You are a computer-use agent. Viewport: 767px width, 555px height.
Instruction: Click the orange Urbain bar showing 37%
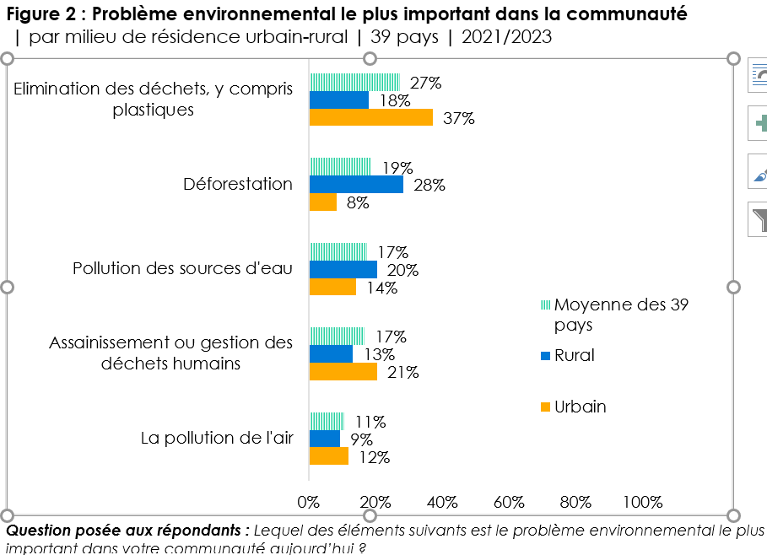(370, 118)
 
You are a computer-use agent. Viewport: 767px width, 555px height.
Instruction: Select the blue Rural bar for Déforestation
(356, 185)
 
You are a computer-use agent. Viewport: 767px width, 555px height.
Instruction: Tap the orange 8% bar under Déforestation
(323, 202)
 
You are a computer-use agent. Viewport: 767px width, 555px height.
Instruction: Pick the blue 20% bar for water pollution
(343, 270)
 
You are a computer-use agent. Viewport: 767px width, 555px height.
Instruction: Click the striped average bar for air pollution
(327, 421)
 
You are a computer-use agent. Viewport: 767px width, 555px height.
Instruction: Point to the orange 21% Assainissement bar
(343, 372)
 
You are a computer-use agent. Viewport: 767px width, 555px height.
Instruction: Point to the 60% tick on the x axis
(509, 503)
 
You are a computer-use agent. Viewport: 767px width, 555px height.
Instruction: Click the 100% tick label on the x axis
(642, 503)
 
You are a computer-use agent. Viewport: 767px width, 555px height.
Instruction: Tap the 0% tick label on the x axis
(309, 503)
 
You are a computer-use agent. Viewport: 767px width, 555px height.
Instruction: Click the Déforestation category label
(238, 185)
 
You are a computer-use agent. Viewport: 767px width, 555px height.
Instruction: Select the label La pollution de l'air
(217, 438)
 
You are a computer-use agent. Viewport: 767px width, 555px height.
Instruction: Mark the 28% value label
(429, 186)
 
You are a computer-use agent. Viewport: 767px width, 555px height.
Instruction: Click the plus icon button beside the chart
(759, 123)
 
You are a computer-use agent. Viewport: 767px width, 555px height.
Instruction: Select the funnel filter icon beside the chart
(759, 220)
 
